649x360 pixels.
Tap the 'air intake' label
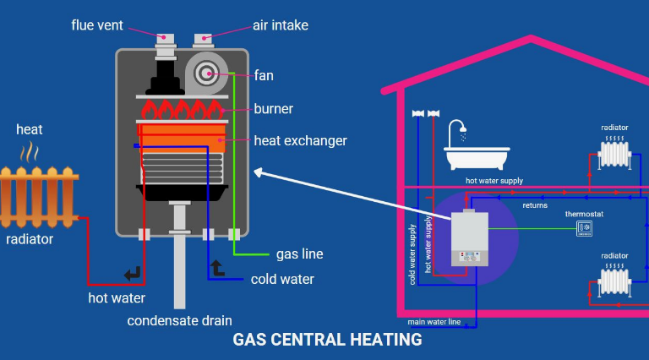280,25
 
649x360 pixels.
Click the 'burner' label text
273,109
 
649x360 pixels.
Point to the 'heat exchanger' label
300,140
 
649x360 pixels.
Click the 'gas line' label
299,254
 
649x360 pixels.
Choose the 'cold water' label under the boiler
282,279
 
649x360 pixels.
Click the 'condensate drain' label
179,320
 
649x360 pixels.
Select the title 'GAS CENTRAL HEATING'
327,341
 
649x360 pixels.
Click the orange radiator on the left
38,194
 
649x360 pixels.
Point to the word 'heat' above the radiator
29,129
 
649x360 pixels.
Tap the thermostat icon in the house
584,227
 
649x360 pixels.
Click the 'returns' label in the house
534,205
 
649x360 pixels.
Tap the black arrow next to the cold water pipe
217,269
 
